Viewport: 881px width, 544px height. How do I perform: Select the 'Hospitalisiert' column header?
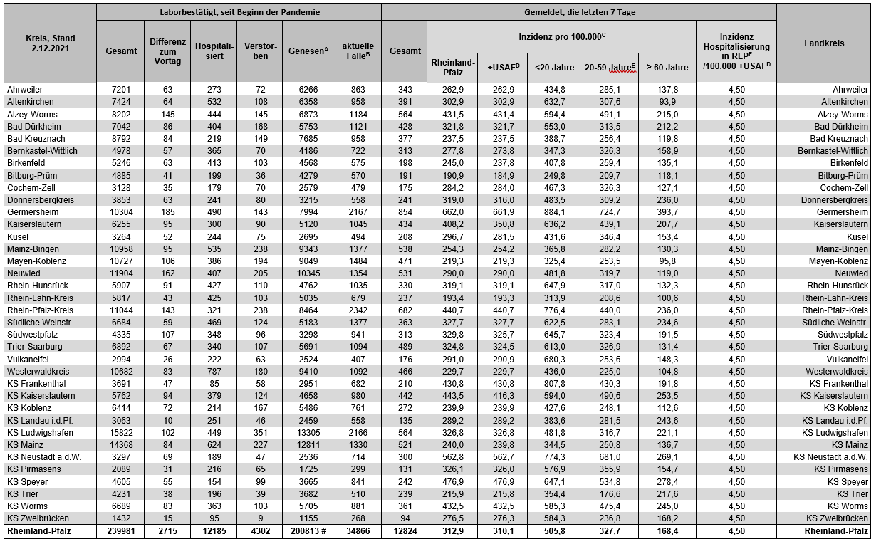pyautogui.click(x=213, y=51)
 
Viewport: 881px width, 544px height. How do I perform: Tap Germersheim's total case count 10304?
pyautogui.click(x=121, y=212)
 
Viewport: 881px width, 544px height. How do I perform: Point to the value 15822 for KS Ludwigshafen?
pyautogui.click(x=121, y=433)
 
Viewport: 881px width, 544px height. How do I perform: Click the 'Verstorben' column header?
pyautogui.click(x=259, y=51)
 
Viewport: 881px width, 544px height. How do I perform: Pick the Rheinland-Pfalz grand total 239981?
pyautogui.click(x=121, y=531)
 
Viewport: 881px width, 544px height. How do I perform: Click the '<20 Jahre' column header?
pyautogui.click(x=553, y=68)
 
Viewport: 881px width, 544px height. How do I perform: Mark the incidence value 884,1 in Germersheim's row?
pyautogui.click(x=553, y=212)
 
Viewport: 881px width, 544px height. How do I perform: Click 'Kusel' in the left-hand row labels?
pyautogui.click(x=18, y=236)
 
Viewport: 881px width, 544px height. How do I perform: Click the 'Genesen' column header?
pyautogui.click(x=308, y=51)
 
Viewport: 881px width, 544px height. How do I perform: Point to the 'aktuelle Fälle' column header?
pyautogui.click(x=357, y=51)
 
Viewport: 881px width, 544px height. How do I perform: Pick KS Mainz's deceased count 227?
pyautogui.click(x=259, y=445)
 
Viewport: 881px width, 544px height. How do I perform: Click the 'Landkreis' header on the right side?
pyautogui.click(x=823, y=43)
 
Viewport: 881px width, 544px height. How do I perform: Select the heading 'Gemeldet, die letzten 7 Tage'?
pyautogui.click(x=578, y=12)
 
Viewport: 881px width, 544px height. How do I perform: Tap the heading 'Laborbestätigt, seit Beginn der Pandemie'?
pyautogui.click(x=239, y=12)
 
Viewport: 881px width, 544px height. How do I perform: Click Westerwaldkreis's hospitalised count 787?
pyautogui.click(x=213, y=372)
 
